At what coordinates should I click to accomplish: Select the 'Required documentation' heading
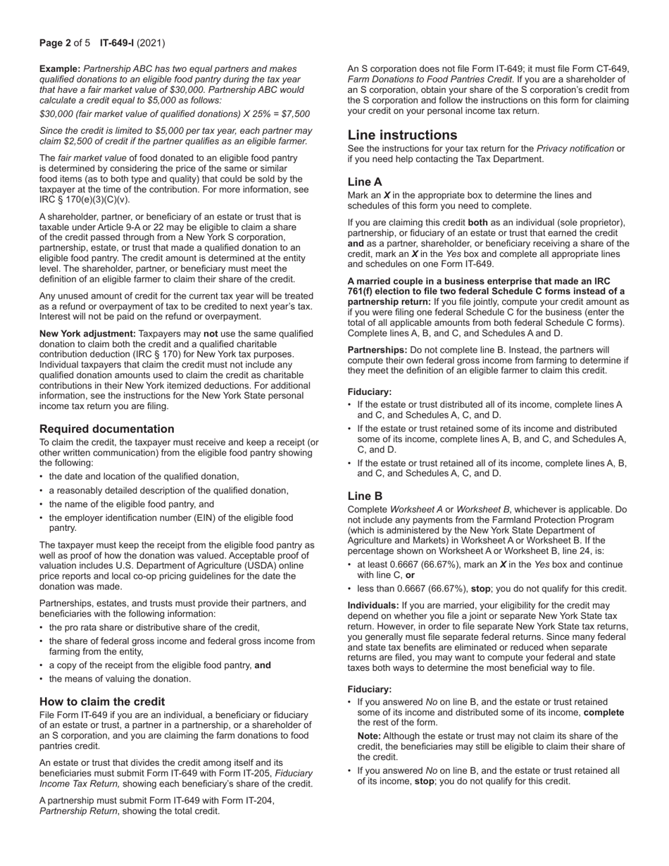click(106, 429)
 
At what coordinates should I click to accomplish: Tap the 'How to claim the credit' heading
click(102, 701)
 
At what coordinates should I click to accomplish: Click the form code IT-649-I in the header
click(122, 43)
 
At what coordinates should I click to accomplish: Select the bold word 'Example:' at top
click(60, 69)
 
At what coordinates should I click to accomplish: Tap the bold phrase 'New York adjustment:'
click(87, 334)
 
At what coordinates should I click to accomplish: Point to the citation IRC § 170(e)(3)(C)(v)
click(85, 200)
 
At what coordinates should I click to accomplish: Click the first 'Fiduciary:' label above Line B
click(370, 391)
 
